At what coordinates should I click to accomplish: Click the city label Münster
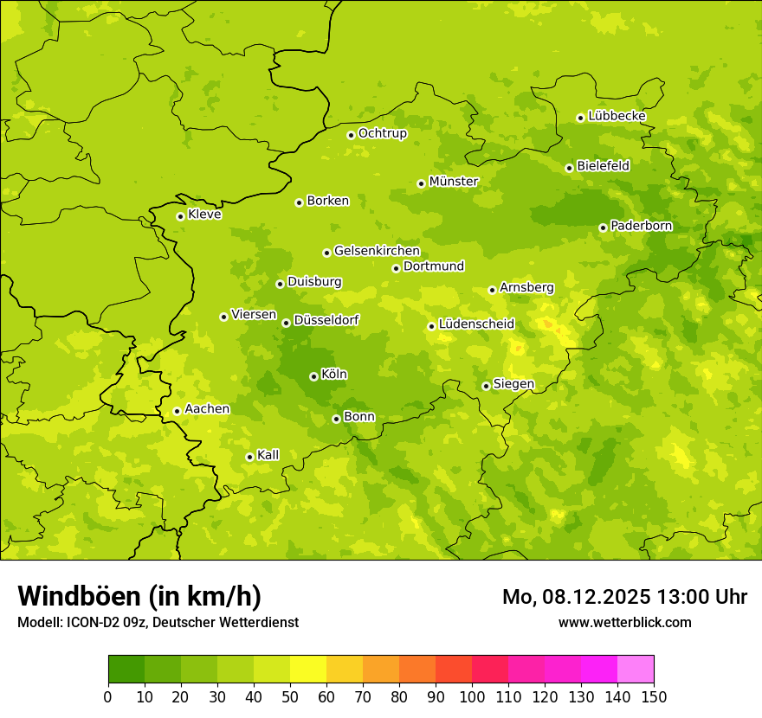click(x=454, y=182)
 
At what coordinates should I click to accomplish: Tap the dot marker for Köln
click(x=313, y=376)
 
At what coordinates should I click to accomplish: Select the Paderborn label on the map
click(x=642, y=226)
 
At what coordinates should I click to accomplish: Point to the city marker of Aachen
click(x=177, y=411)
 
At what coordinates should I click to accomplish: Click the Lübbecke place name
click(x=617, y=116)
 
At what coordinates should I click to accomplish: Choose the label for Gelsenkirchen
click(x=377, y=251)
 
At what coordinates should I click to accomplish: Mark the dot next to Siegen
click(x=486, y=386)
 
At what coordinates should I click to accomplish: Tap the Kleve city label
click(x=204, y=215)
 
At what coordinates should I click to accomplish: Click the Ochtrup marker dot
click(x=351, y=135)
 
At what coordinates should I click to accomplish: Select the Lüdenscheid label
click(x=476, y=324)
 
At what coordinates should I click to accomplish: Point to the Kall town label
click(x=268, y=455)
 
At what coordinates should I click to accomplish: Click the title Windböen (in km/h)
click(x=139, y=596)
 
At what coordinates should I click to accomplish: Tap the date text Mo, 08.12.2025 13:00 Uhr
click(x=624, y=597)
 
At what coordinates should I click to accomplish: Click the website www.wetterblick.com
click(x=624, y=622)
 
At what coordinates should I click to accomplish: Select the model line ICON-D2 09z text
click(x=158, y=622)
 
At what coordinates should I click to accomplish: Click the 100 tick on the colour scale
click(x=472, y=696)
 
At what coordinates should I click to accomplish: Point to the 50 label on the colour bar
click(x=290, y=696)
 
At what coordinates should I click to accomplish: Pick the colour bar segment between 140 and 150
click(x=636, y=669)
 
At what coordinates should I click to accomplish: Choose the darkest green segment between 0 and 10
click(x=126, y=669)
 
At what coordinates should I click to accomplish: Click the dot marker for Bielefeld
click(x=569, y=168)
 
